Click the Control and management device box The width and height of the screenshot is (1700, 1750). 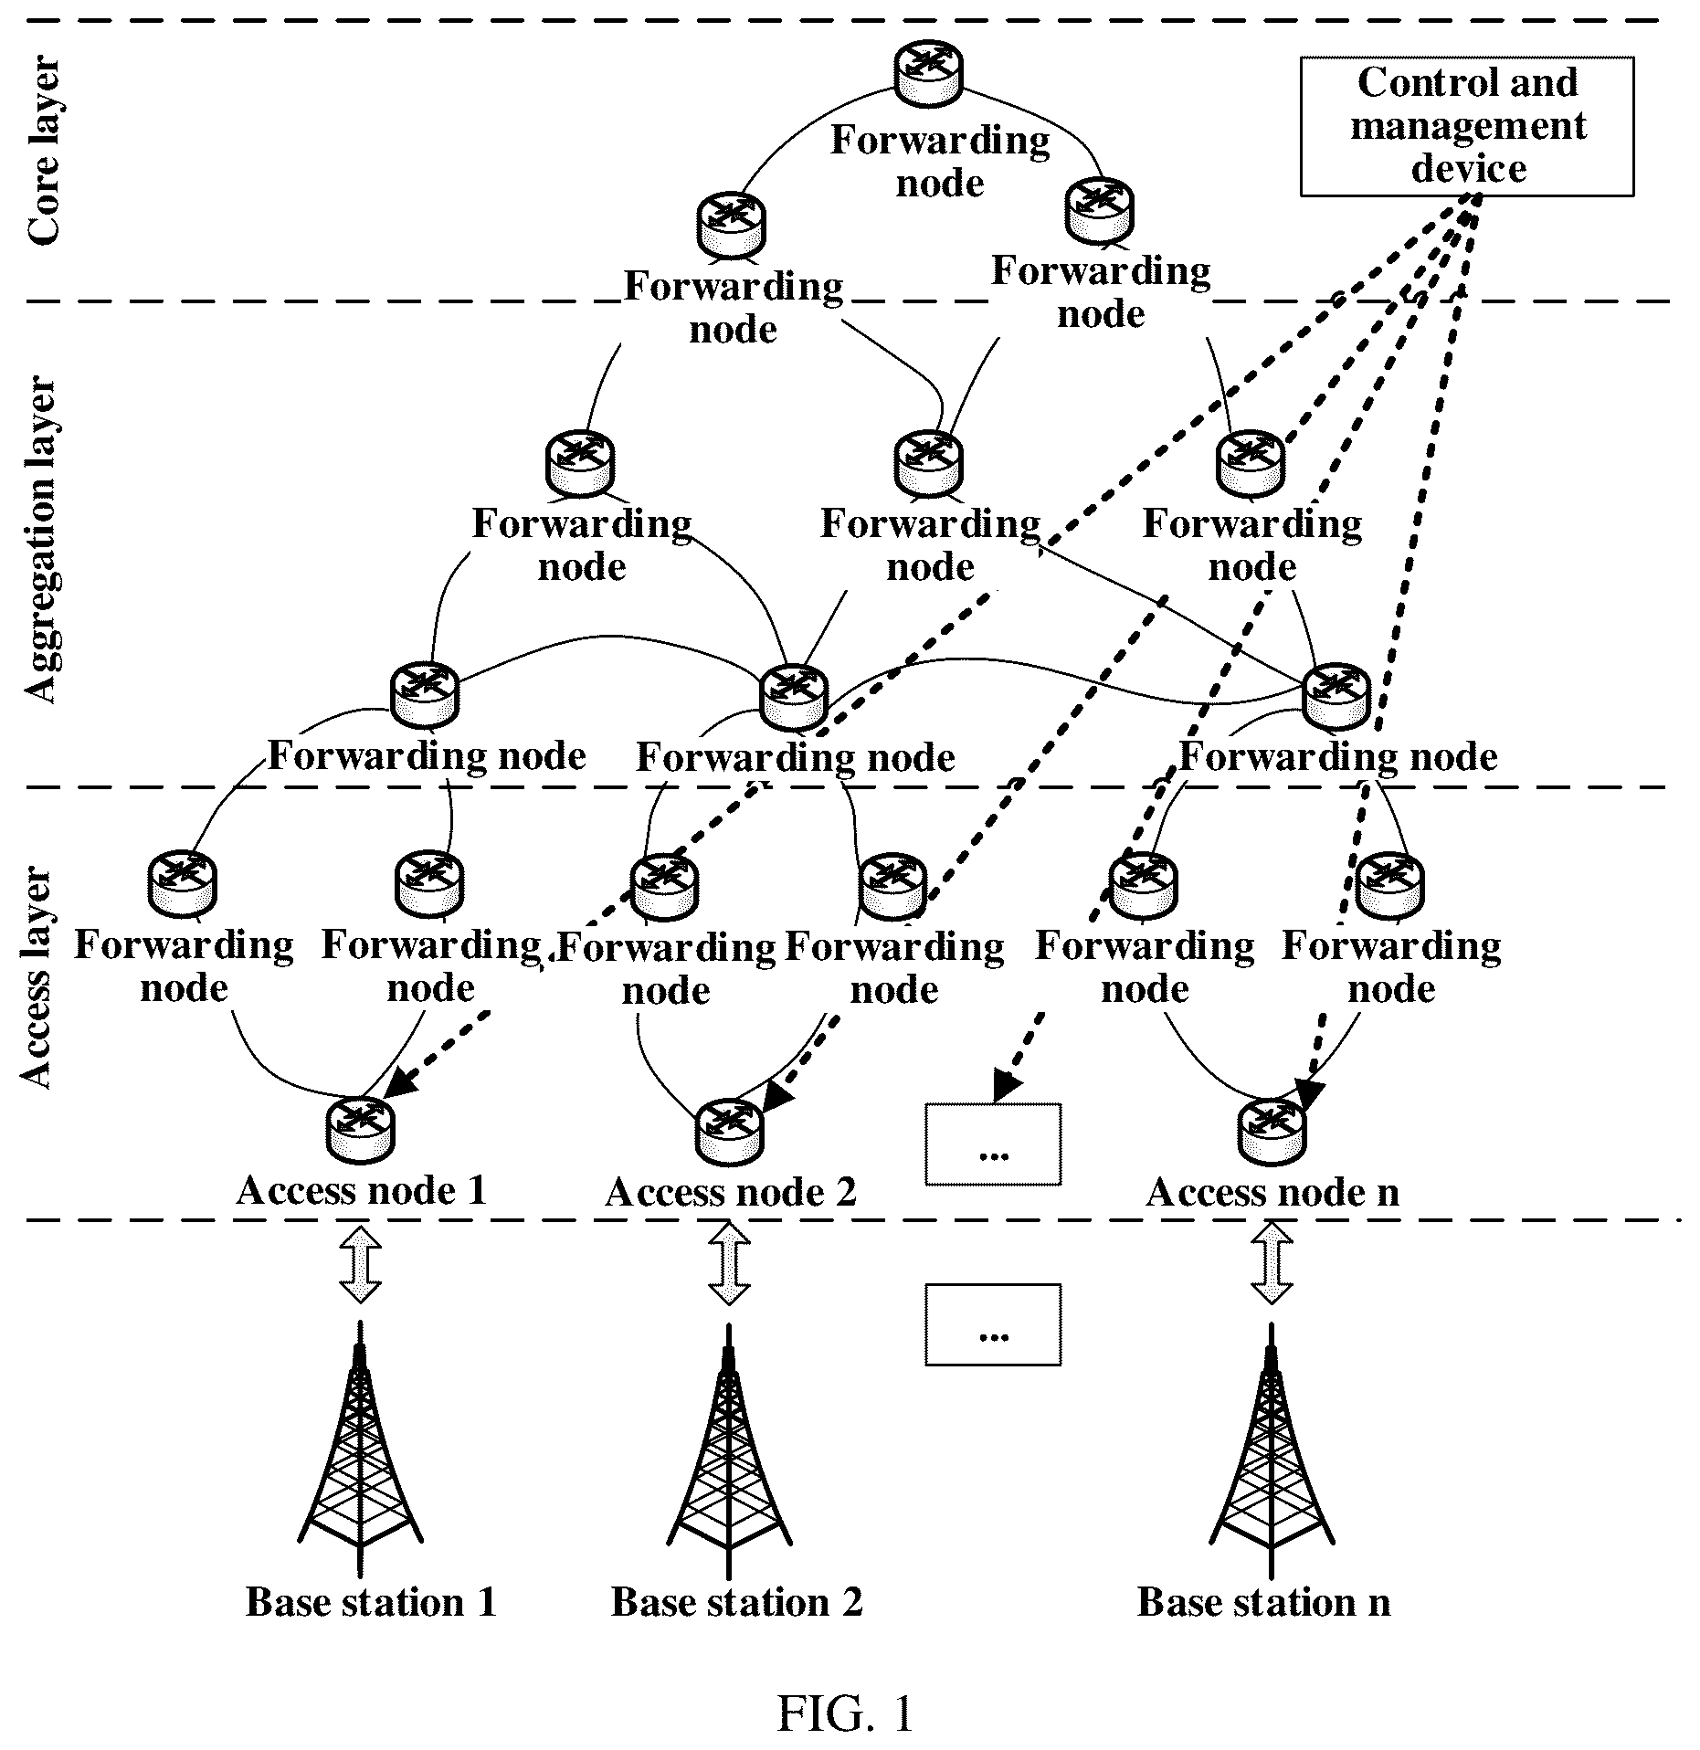point(1467,127)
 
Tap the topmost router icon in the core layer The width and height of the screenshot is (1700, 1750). point(928,71)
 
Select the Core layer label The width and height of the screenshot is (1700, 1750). point(44,152)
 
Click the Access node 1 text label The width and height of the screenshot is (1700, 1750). point(361,1190)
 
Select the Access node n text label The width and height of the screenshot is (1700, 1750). point(1272,1192)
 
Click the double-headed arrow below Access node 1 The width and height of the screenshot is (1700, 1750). point(360,1264)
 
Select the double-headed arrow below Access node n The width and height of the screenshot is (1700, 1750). point(1272,1264)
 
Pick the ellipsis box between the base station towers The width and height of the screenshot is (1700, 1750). point(993,1324)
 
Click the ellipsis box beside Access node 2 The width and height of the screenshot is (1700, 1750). point(993,1144)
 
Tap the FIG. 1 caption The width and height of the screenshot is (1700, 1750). point(845,1714)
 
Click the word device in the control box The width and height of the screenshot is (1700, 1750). point(1469,169)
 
